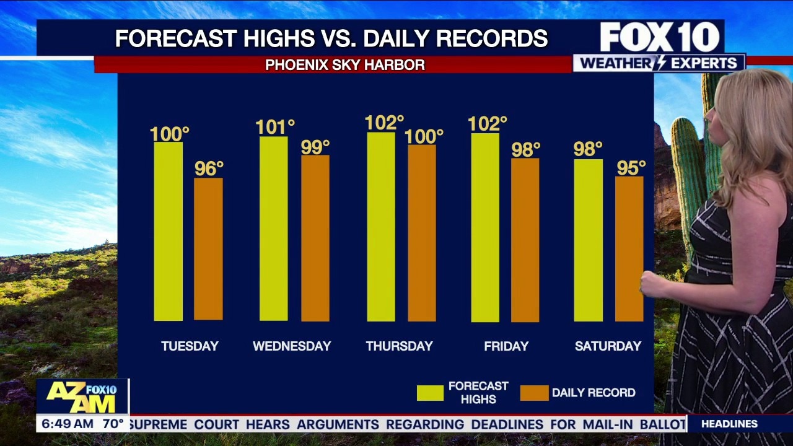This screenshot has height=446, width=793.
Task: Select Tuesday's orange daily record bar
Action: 208,249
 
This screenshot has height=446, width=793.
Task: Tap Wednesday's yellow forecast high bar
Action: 273,229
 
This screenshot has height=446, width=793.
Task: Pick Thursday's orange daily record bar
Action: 422,233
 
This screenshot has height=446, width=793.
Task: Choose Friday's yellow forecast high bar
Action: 485,227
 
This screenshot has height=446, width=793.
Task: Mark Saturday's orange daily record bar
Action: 629,249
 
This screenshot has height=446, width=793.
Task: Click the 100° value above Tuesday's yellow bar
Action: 169,133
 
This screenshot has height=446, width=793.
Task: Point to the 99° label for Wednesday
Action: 315,147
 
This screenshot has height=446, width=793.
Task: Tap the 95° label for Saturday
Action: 631,168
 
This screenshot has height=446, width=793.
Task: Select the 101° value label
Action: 274,128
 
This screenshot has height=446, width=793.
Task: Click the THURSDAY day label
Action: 399,346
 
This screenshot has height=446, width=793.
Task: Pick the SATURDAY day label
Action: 608,346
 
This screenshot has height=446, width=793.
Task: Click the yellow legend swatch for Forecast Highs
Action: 430,393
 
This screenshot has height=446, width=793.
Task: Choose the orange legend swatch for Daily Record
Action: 534,393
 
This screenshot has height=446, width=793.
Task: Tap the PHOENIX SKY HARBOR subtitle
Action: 345,64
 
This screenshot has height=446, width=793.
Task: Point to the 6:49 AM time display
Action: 66,424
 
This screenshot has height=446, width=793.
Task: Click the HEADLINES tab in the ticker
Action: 729,424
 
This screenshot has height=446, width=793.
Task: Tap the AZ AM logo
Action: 82,397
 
